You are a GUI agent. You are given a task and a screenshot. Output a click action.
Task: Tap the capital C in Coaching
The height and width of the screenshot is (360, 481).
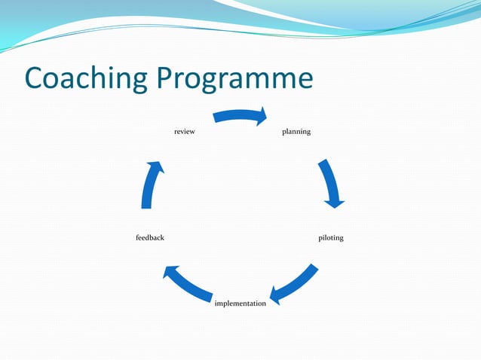point(35,78)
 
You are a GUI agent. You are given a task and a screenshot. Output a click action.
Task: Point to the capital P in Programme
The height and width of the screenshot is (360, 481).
point(167,78)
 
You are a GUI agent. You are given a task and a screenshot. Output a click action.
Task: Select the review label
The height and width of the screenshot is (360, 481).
point(185,132)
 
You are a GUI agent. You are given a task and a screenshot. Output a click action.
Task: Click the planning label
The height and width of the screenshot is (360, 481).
point(296,132)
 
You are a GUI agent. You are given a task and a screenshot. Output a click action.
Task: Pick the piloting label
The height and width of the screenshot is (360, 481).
point(331,238)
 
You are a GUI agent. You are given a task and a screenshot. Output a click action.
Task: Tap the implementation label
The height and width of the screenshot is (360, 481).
point(240,304)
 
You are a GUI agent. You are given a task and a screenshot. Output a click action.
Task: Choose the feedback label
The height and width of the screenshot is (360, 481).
point(150,238)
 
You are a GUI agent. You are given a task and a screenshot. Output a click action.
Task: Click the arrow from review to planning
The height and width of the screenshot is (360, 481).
point(240,115)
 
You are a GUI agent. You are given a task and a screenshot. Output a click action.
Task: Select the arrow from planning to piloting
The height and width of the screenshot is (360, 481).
point(329,183)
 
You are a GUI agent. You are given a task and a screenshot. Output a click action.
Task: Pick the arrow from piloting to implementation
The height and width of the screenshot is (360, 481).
point(295,283)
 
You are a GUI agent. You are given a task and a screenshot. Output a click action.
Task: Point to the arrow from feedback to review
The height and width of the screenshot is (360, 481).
point(150,185)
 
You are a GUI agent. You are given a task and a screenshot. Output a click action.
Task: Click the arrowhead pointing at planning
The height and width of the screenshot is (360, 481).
point(262,116)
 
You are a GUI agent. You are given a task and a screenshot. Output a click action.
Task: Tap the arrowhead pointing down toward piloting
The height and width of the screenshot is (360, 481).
point(333,201)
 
